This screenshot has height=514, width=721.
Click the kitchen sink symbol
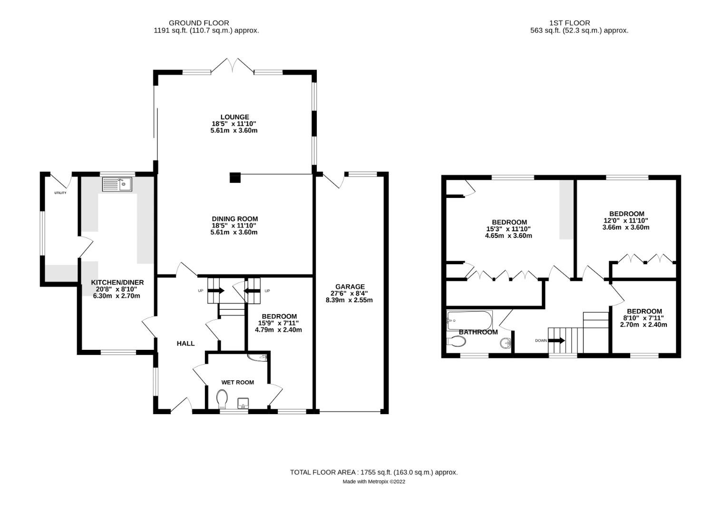(117, 184)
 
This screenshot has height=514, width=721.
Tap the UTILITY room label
(60, 193)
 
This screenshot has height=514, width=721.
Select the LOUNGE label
(234, 117)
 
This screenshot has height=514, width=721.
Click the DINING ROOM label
(234, 219)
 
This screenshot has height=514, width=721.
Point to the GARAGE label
(350, 287)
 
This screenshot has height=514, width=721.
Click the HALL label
(185, 343)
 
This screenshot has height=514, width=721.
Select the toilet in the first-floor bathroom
(456, 341)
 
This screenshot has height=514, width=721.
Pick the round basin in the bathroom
(505, 342)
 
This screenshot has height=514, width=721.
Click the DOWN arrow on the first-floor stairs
(556, 340)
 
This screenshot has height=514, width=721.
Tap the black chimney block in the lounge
(235, 178)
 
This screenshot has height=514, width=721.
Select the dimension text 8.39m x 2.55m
(349, 300)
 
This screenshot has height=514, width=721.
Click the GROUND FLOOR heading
(199, 23)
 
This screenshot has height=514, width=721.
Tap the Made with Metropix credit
(374, 482)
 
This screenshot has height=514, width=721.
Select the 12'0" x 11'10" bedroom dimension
(626, 220)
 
